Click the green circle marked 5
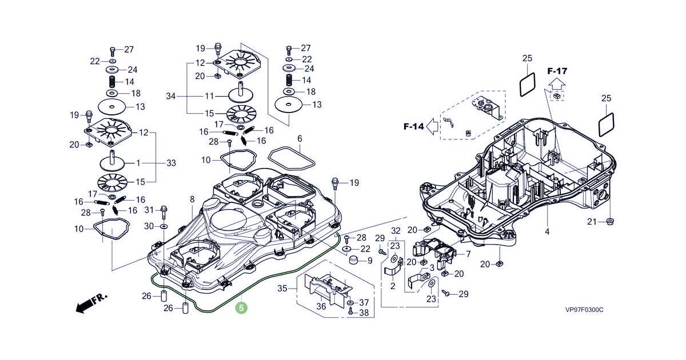click(242, 307)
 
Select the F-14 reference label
click(413, 126)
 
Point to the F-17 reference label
click(557, 71)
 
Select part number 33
click(171, 163)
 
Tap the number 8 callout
click(192, 199)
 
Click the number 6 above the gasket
click(300, 139)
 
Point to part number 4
click(547, 231)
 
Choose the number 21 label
click(592, 222)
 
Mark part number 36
click(321, 306)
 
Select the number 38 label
click(364, 313)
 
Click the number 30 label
click(150, 226)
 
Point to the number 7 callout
click(468, 253)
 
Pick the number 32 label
click(395, 230)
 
